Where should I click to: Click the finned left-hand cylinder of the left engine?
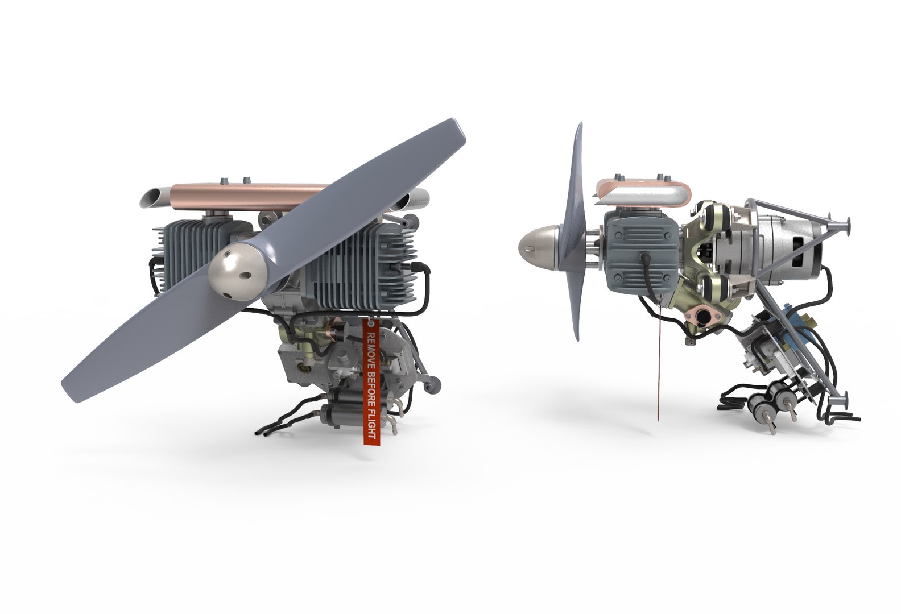click(182, 253)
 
